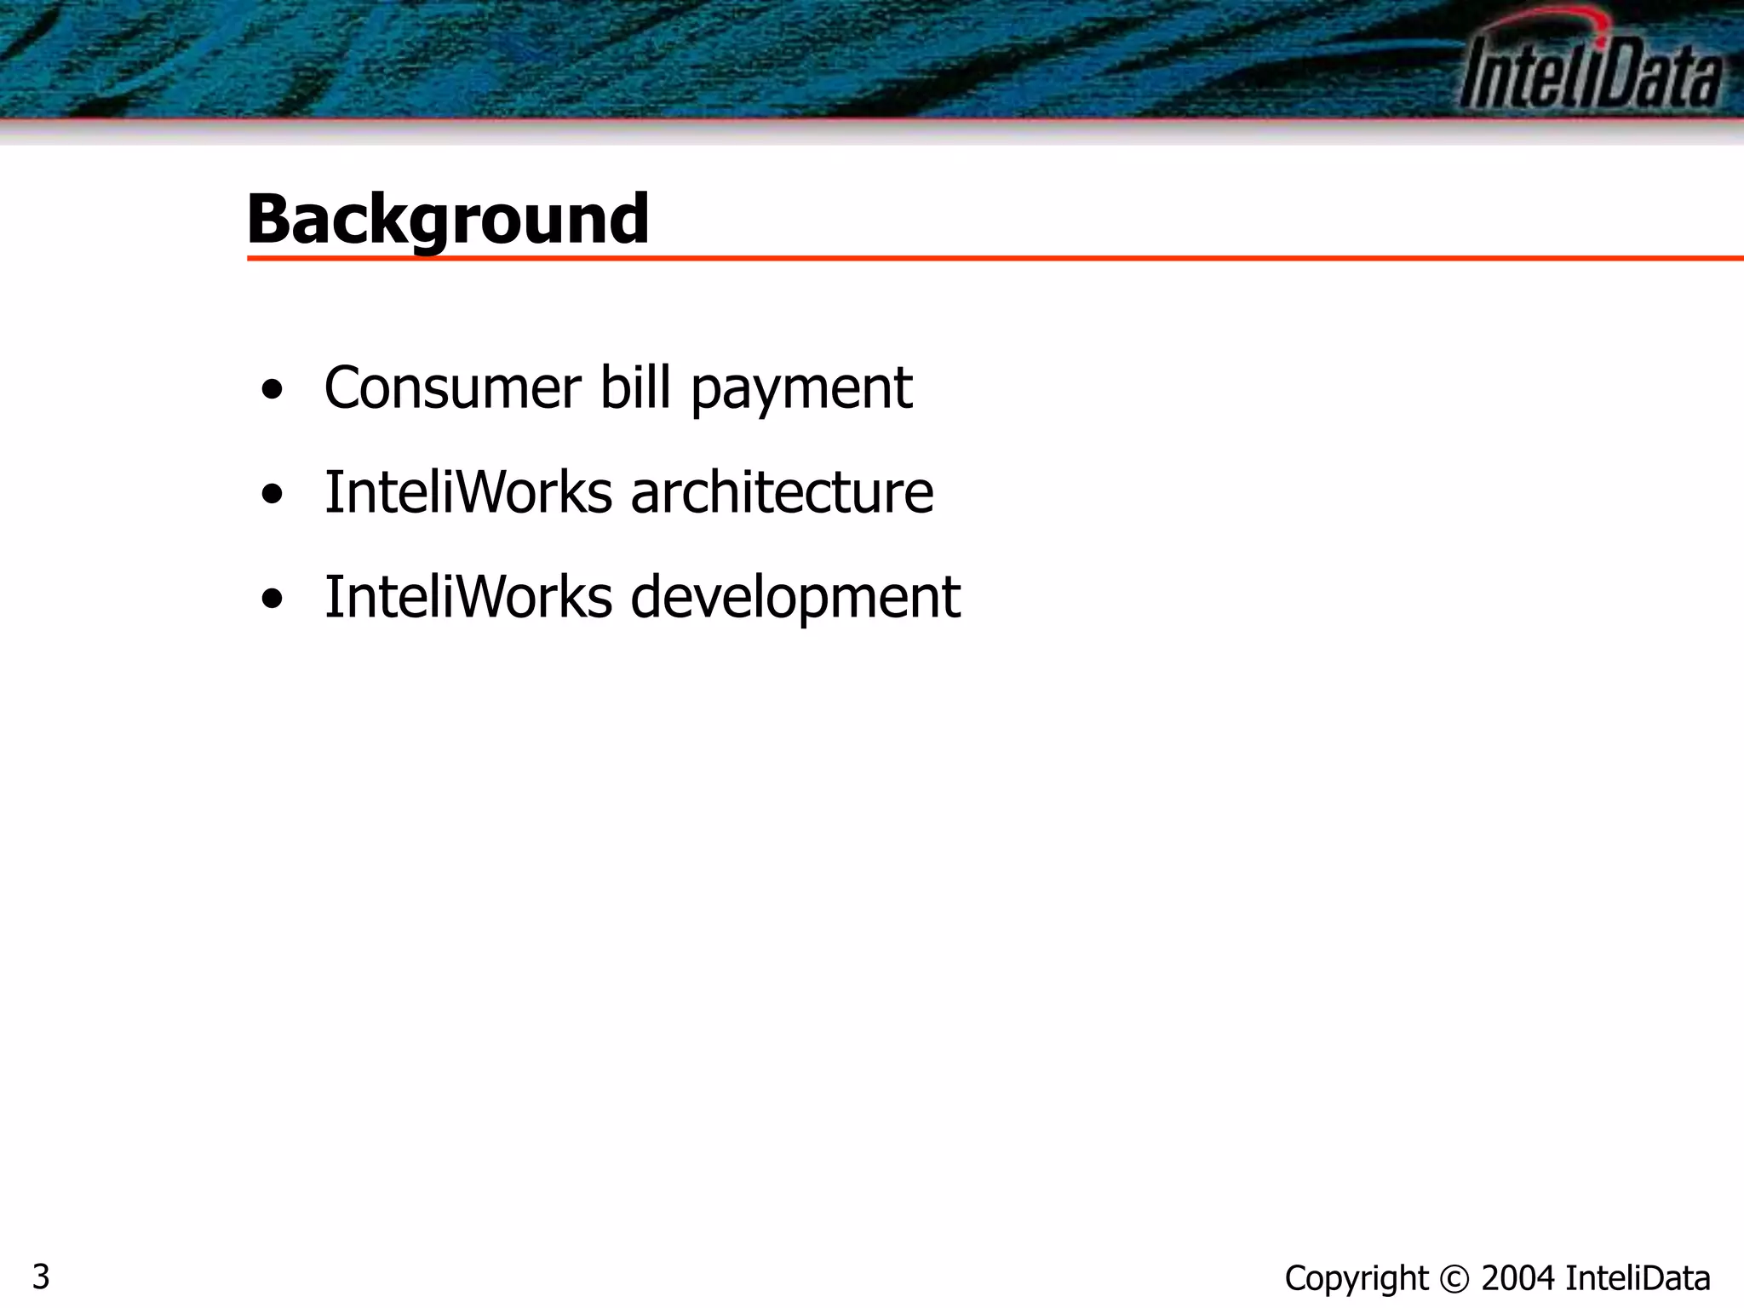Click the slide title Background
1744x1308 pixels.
pos(448,219)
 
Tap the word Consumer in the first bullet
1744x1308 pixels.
pos(452,388)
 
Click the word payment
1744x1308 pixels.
pos(800,390)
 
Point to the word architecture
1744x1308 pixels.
pos(782,493)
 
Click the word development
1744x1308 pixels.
pos(795,599)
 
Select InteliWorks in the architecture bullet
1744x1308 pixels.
pos(468,493)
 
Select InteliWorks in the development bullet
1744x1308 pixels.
pos(468,597)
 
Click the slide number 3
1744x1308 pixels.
pos(41,1277)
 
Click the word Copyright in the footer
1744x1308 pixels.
pos(1356,1279)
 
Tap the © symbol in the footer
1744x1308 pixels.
pos(1454,1279)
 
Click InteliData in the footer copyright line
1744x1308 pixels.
pos(1638,1279)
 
